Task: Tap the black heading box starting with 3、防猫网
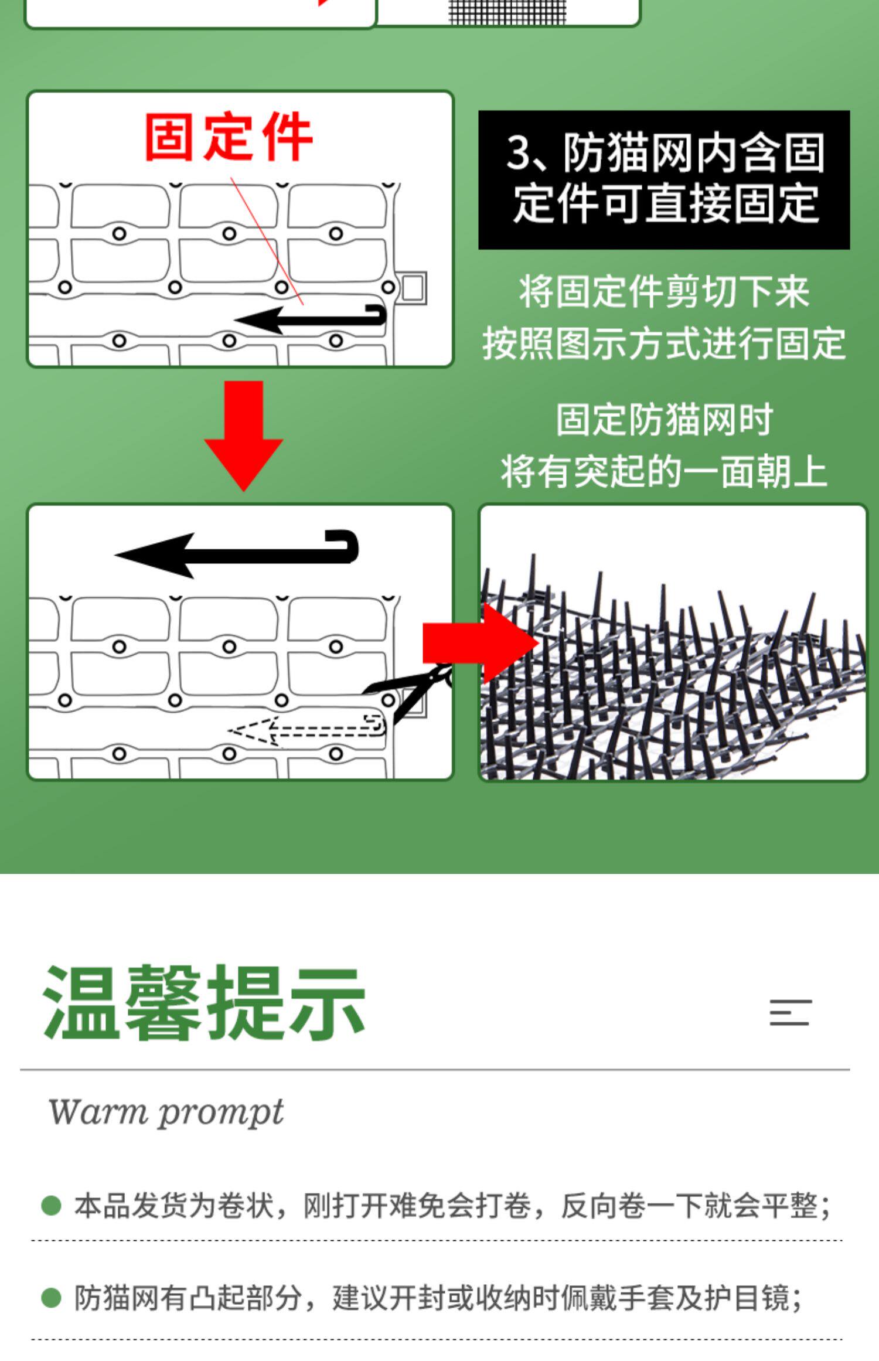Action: [663, 179]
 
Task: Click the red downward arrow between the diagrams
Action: [243, 434]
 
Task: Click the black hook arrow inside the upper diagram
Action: [311, 319]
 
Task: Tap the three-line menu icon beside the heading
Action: [790, 1012]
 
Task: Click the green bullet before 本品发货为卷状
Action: [52, 1206]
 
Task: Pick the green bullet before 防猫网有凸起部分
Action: [52, 1298]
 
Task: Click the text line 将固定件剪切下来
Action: [663, 291]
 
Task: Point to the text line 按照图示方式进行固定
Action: [663, 343]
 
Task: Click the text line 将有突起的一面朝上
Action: [663, 471]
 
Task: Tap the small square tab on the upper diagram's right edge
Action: [414, 288]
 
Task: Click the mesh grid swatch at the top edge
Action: [507, 12]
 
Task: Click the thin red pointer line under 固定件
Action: [267, 240]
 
